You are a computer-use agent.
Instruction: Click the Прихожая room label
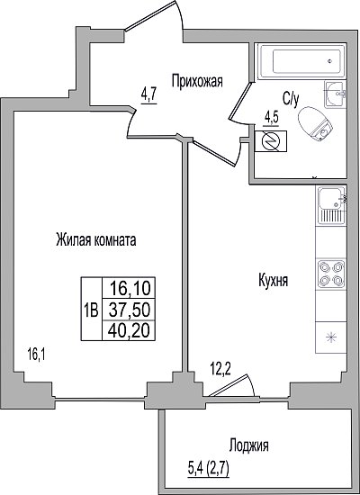coord(197,81)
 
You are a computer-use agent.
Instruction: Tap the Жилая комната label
coord(96,240)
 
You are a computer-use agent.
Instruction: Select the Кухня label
coord(274,281)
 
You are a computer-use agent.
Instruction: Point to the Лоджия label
coord(248,446)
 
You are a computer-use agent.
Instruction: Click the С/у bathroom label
coord(291,100)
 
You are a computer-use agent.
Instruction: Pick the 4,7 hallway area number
coord(149,94)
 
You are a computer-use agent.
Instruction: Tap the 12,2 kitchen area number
coord(220,369)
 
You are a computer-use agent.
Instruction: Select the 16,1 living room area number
coord(37,355)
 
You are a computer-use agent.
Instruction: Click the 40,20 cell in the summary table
coord(129,331)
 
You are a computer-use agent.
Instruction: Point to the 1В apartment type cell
coord(92,310)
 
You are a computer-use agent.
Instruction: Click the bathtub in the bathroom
coord(301,61)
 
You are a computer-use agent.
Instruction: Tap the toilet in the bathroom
coord(315,124)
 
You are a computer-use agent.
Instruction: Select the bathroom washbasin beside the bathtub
coord(336,94)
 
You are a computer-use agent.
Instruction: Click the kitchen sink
coord(331,205)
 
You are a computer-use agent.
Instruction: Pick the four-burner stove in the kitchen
coord(331,274)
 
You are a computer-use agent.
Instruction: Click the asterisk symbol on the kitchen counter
coord(331,338)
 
